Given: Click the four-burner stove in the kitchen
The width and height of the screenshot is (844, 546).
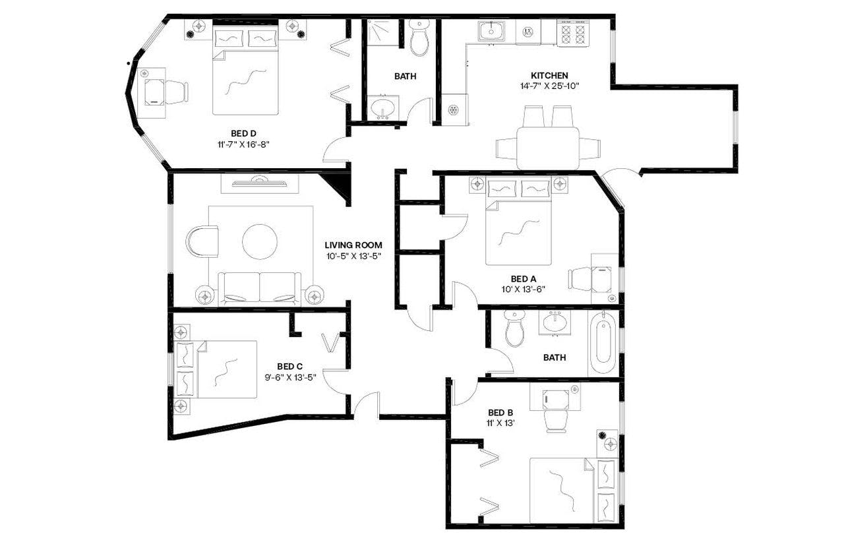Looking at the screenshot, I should pyautogui.click(x=572, y=33).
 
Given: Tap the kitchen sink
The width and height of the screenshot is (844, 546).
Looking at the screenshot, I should pyautogui.click(x=491, y=31).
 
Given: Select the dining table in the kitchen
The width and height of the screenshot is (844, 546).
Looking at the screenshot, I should pyautogui.click(x=547, y=148).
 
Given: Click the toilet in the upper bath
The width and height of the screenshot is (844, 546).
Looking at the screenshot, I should pyautogui.click(x=419, y=38).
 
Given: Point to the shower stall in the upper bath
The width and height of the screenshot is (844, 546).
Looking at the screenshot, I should pyautogui.click(x=383, y=32).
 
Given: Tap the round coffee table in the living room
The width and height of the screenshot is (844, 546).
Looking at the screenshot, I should pyautogui.click(x=259, y=242).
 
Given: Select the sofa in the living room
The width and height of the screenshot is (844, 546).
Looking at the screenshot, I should pyautogui.click(x=259, y=288).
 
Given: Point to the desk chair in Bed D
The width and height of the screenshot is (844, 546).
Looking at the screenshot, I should pyautogui.click(x=174, y=92).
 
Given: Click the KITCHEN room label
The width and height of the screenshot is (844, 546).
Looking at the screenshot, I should pyautogui.click(x=549, y=76).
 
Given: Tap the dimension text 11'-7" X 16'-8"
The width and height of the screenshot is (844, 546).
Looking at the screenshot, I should pyautogui.click(x=243, y=144).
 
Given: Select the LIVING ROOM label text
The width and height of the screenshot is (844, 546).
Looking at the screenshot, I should pyautogui.click(x=353, y=245).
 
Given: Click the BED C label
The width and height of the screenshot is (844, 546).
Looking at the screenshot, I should pyautogui.click(x=289, y=367).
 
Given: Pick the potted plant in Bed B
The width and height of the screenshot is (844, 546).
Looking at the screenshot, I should pyautogui.click(x=603, y=435).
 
